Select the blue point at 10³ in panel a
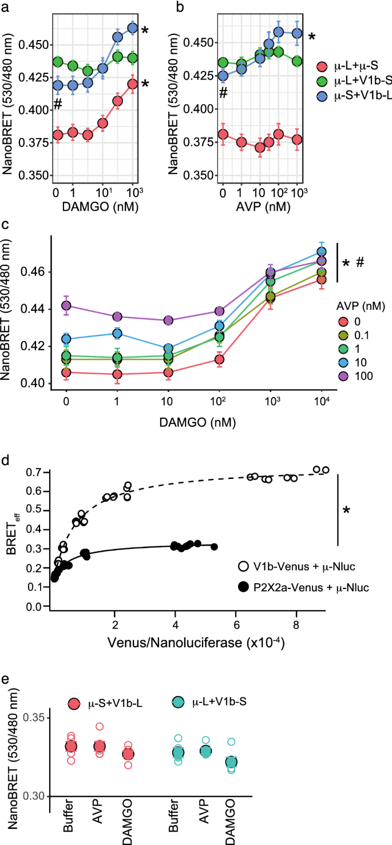(x=132, y=27)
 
